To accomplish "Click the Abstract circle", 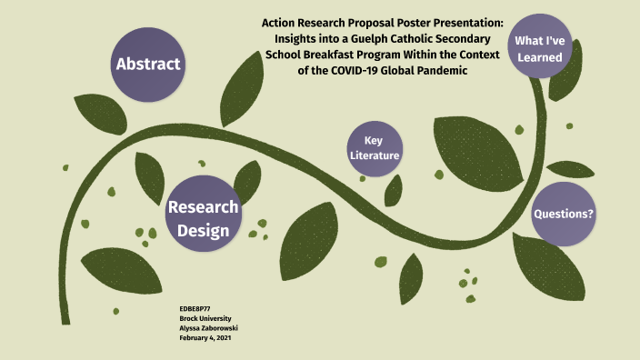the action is click(x=148, y=65).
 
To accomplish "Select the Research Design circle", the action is click(x=204, y=214).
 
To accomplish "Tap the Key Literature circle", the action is click(x=375, y=148).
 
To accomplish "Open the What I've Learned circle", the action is click(x=540, y=45).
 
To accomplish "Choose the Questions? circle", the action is click(x=564, y=214).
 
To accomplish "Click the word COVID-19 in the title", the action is click(x=354, y=71).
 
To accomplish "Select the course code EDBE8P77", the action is click(x=195, y=309).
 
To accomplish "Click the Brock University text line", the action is click(x=205, y=318).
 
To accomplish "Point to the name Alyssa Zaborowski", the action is click(x=208, y=328).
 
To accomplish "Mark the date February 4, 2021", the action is click(x=205, y=338).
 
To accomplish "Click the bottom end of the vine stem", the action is click(x=65, y=324).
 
